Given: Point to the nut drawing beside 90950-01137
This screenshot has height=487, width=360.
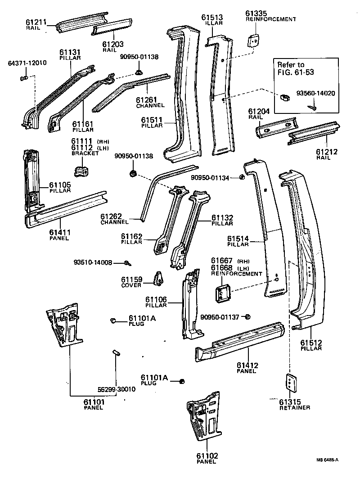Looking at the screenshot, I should pos(247,317).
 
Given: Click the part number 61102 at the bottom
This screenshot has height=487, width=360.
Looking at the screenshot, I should pos(207,456).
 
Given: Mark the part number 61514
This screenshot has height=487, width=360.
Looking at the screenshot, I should pos(238,239).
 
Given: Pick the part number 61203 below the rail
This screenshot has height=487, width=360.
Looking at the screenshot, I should pos(113,44).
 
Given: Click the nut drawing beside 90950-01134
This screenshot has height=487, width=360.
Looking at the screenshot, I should pos(242,178).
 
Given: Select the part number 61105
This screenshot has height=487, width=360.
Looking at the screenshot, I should pos(60,185).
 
